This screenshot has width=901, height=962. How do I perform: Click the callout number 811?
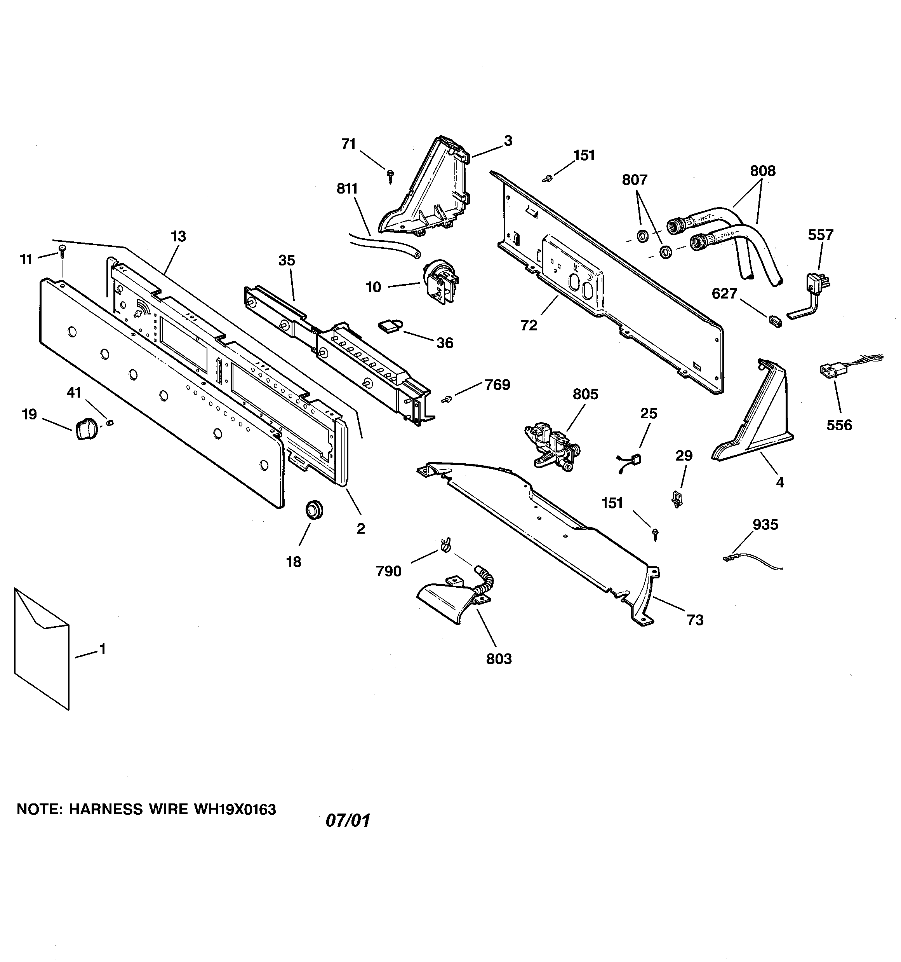347,189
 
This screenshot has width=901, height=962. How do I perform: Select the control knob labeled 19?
86,428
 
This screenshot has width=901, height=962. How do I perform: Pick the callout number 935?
765,525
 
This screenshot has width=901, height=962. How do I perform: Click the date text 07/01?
348,821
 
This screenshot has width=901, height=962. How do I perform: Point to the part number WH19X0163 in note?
235,809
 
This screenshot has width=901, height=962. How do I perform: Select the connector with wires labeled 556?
829,371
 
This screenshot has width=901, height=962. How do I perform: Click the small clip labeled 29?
677,499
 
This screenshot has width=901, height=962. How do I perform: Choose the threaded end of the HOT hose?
675,225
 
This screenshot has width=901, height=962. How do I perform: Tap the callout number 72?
529,326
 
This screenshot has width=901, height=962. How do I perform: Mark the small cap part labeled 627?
774,321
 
